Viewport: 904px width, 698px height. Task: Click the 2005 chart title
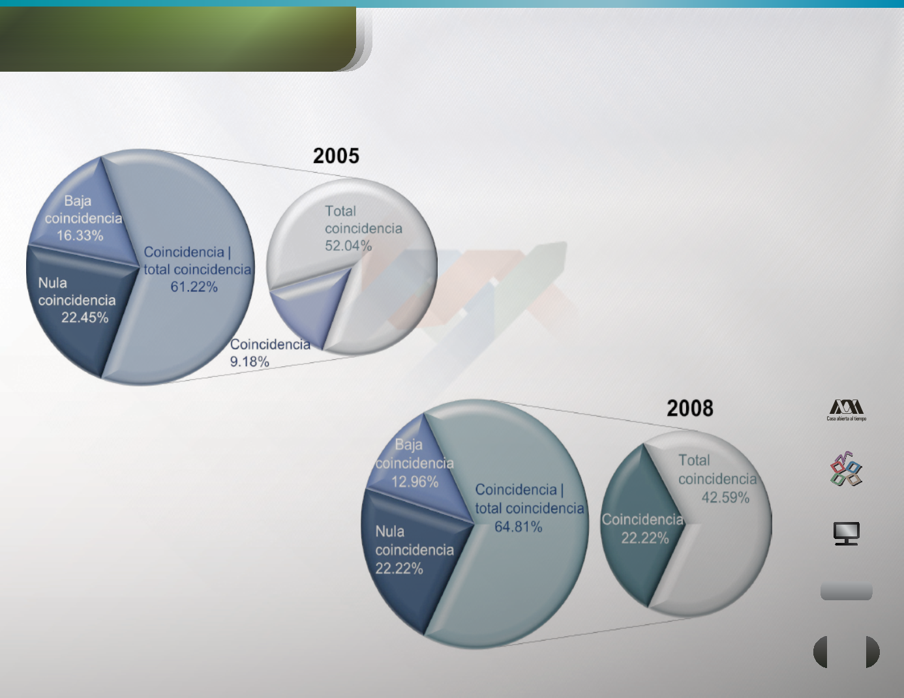[336, 156]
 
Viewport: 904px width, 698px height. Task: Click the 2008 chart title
[690, 408]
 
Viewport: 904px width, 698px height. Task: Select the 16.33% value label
[80, 236]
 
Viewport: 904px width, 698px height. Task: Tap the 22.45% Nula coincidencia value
[85, 317]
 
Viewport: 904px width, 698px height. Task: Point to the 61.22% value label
[194, 287]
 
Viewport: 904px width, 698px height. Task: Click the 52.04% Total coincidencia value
[348, 246]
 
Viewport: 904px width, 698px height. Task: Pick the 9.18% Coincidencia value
[250, 362]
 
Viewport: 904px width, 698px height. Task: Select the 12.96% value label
[415, 482]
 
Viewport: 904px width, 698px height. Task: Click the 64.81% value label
[519, 527]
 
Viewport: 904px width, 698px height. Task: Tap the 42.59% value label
[725, 497]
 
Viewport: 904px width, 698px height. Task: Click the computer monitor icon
[846, 533]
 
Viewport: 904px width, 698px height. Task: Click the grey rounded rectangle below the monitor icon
[846, 591]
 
